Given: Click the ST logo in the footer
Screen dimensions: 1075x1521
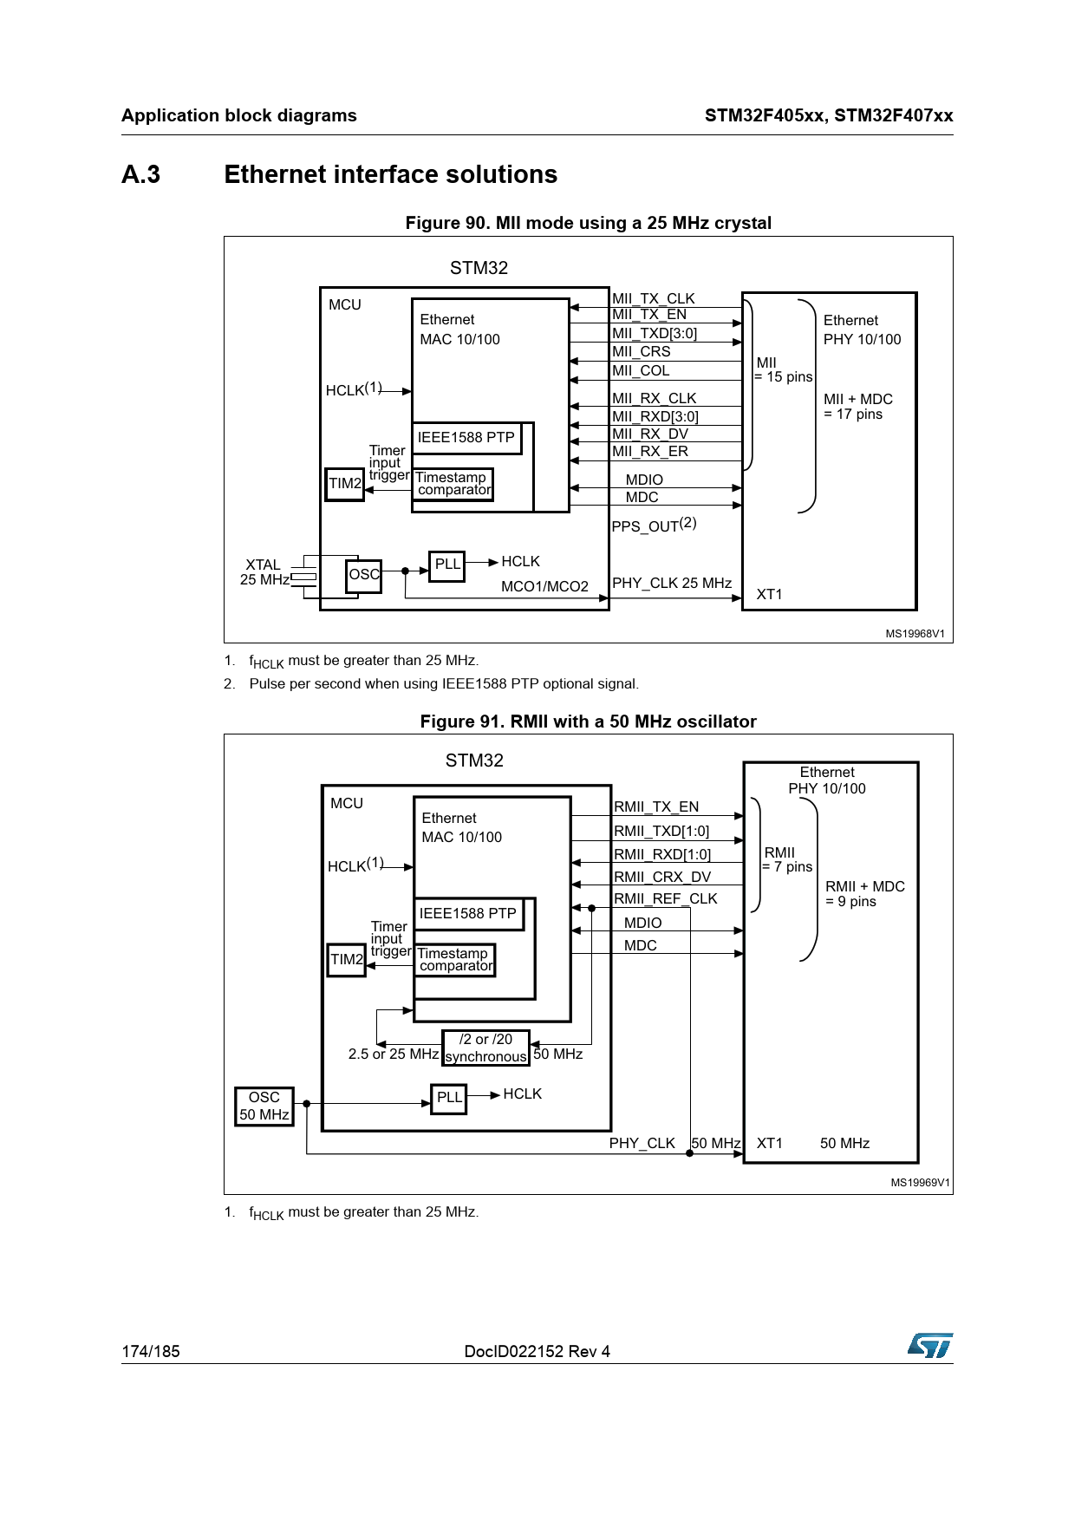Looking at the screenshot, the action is coord(930,1345).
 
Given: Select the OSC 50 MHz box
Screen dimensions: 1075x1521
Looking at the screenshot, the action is coord(264,1106).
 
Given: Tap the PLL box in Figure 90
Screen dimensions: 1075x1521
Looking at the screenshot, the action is coord(447,565).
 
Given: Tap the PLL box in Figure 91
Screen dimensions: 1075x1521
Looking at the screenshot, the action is coord(449,1099).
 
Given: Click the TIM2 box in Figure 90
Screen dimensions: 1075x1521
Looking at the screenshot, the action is coord(345,484).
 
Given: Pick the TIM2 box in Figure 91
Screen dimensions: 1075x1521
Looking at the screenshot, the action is coord(347,960).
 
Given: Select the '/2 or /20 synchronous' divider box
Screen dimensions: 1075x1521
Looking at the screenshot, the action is coord(485,1048).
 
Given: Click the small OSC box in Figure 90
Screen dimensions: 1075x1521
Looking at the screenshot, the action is coord(364,576).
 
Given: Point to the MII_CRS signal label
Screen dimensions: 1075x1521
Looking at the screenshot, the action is coord(642,352).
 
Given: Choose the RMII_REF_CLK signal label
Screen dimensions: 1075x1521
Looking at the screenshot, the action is coord(666,899).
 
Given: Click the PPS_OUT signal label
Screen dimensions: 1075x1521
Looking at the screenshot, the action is coord(655,525).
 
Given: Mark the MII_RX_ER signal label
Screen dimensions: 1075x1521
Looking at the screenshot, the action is coord(650,452).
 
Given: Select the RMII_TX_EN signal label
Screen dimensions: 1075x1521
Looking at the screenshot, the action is coord(656,807).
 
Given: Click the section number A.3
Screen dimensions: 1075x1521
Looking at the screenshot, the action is coord(141,175).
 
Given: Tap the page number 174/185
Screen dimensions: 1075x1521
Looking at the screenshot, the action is coord(151,1351).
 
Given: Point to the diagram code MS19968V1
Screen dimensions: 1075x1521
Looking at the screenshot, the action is coord(915,634).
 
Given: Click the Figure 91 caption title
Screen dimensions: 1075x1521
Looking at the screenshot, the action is coord(589,721).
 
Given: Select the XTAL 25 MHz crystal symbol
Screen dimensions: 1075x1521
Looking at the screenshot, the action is coord(303,577).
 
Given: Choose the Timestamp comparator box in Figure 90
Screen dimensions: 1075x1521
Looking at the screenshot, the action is coord(453,484).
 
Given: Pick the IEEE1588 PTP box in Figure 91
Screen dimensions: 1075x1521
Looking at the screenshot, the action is coord(469,914).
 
